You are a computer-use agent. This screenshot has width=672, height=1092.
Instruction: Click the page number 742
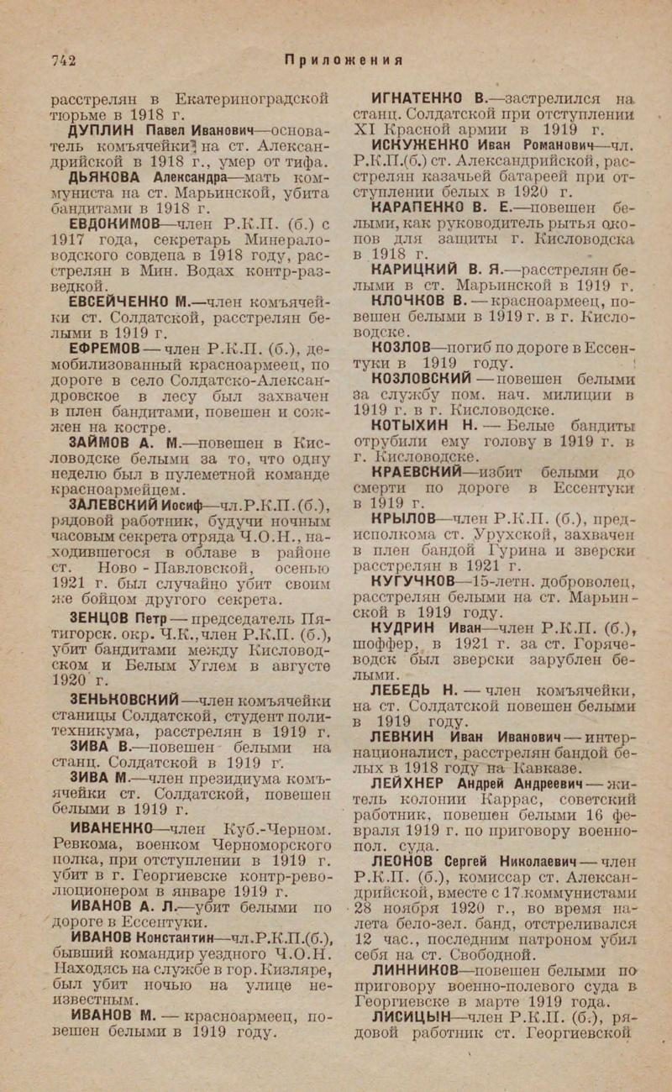(64, 59)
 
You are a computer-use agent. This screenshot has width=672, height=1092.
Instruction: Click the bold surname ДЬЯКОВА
(109, 179)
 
